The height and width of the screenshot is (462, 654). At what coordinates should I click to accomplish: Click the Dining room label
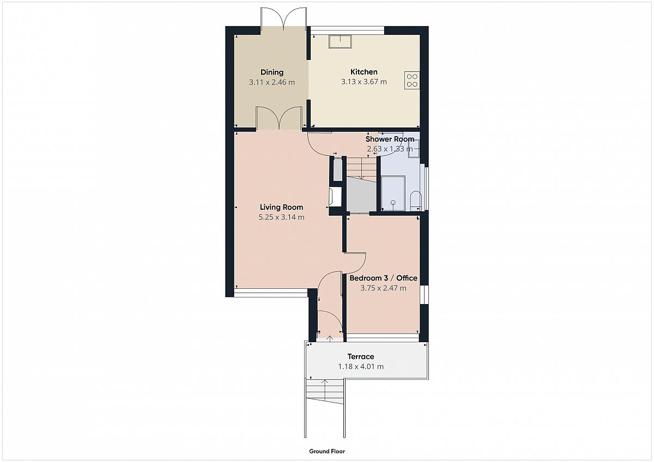click(x=272, y=72)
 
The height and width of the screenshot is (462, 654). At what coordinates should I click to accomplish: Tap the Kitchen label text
click(x=364, y=72)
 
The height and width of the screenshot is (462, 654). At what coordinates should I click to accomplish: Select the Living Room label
click(x=281, y=207)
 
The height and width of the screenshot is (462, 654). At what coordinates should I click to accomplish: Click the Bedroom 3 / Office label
click(x=383, y=278)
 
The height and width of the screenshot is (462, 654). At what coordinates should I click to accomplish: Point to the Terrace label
click(x=361, y=357)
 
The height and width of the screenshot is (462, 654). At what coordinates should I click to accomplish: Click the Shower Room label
click(x=390, y=139)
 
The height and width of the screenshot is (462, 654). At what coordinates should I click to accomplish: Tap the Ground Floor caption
click(x=327, y=451)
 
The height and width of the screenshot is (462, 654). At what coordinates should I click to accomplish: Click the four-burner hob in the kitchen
click(x=412, y=80)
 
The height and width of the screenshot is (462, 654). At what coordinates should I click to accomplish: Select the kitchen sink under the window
click(x=341, y=41)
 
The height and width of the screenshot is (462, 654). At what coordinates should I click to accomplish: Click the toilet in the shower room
click(x=415, y=201)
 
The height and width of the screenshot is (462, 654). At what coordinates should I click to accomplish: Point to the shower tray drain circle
click(x=393, y=203)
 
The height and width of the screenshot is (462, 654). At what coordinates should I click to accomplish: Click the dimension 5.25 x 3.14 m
click(x=281, y=217)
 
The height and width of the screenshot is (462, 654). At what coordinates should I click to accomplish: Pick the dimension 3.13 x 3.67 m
click(x=364, y=82)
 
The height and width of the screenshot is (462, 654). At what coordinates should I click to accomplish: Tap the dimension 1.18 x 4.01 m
click(x=361, y=367)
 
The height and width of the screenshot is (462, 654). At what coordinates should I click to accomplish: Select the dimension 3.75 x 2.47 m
click(x=383, y=288)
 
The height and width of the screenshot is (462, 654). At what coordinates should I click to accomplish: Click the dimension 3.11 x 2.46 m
click(x=272, y=82)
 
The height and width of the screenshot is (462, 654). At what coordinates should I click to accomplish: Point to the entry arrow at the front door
click(x=330, y=338)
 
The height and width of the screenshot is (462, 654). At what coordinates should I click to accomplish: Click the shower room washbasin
click(x=414, y=149)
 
